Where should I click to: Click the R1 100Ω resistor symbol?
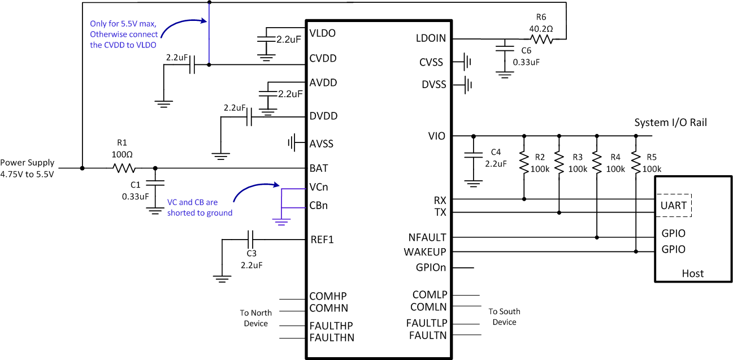(124, 168)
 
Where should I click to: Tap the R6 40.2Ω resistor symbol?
(541, 39)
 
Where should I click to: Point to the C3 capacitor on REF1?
(250, 239)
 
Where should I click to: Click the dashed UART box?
(674, 205)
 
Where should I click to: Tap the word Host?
(692, 274)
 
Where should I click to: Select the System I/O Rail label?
(670, 123)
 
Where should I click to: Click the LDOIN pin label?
(431, 38)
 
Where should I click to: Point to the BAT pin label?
(319, 168)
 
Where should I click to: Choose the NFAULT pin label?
(427, 237)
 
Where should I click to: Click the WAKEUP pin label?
(425, 251)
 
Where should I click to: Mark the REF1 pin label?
(322, 240)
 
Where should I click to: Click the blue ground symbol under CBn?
(281, 220)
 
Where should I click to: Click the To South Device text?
(504, 316)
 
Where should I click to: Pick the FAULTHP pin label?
(331, 326)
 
